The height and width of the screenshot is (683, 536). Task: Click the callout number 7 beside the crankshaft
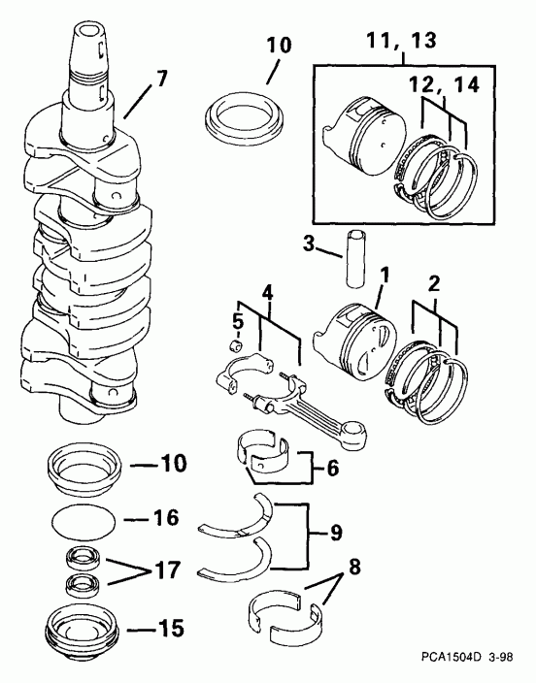tap(161, 79)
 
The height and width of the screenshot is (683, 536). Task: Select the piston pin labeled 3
tap(355, 259)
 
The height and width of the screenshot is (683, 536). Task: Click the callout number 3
tap(309, 244)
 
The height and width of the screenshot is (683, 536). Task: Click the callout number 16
tap(166, 518)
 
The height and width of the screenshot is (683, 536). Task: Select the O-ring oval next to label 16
tap(84, 521)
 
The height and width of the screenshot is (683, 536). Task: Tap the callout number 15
tap(171, 629)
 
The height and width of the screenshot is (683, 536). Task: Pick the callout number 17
tap(167, 570)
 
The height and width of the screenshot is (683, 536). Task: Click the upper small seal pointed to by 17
tap(84, 558)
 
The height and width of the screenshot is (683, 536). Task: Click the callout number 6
tap(332, 469)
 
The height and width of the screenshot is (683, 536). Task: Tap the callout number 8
tap(354, 567)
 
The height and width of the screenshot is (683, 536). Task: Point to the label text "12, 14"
tap(444, 84)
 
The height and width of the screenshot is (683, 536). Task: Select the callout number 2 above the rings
tap(434, 284)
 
